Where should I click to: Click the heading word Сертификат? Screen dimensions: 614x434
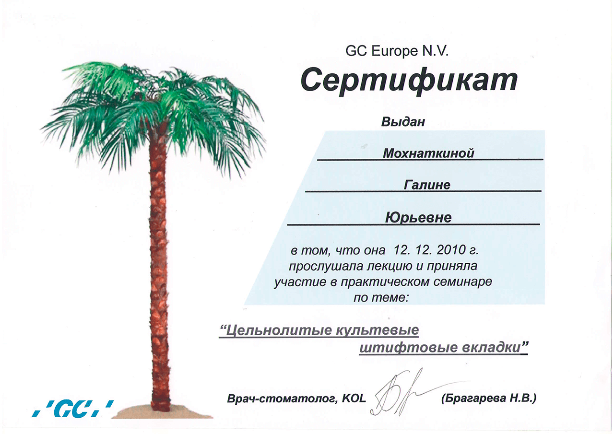pyautogui.click(x=409, y=81)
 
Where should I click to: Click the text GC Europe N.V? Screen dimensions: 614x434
pyautogui.click(x=397, y=51)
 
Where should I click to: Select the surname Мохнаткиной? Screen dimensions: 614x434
pyautogui.click(x=428, y=153)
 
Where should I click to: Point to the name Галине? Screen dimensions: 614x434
pyautogui.click(x=427, y=185)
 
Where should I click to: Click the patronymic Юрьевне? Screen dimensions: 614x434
pyautogui.click(x=418, y=218)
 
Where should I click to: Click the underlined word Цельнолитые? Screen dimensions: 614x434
pyautogui.click(x=276, y=330)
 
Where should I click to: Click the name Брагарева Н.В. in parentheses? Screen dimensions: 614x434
pyautogui.click(x=488, y=398)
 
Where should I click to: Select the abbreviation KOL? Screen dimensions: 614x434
pyautogui.click(x=354, y=398)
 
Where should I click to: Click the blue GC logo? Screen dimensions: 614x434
pyautogui.click(x=73, y=409)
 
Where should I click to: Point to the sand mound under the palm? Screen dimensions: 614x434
pyautogui.click(x=162, y=413)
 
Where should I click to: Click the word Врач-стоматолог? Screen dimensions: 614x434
pyautogui.click(x=282, y=399)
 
